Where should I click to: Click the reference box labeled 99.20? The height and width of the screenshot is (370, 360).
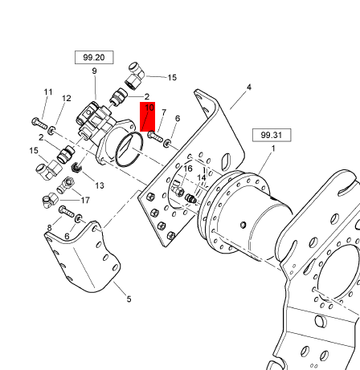pos(94,57)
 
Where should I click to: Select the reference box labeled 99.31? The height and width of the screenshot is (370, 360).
pos(272,135)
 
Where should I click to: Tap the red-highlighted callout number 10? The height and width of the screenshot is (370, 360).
pos(149,108)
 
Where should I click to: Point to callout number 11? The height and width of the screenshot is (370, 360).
pos(48,92)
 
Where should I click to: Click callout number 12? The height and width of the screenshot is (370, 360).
pos(67,99)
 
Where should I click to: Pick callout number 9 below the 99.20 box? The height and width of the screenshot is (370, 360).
pos(94,71)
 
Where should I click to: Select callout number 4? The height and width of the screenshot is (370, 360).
pos(249,87)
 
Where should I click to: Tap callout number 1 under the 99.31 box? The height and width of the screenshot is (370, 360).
pos(273,148)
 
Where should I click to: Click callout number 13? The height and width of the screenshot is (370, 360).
pos(100,185)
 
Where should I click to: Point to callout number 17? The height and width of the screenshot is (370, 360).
pos(85,200)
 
